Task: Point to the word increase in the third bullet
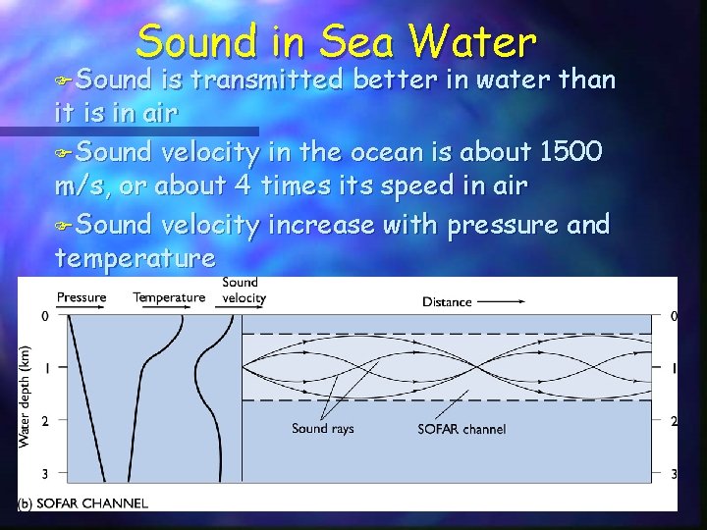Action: pyautogui.click(x=318, y=225)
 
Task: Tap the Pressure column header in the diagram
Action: pyautogui.click(x=82, y=297)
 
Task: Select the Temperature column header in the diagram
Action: pyautogui.click(x=169, y=297)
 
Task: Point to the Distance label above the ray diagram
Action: pyautogui.click(x=447, y=301)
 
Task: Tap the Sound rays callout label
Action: pyautogui.click(x=323, y=428)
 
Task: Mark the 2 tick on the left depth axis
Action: pyautogui.click(x=44, y=421)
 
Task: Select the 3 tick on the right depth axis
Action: pyautogui.click(x=673, y=474)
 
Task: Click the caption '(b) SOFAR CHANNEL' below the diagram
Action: pyautogui.click(x=84, y=503)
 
